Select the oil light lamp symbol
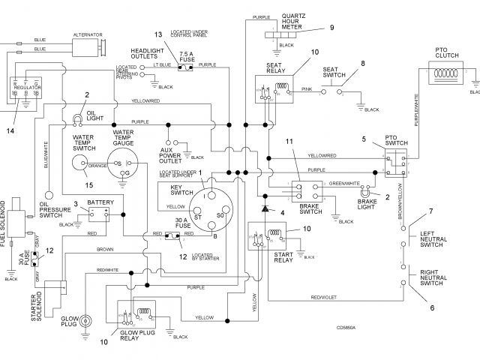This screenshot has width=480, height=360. (78, 118)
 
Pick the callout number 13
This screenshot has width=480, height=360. (157, 35)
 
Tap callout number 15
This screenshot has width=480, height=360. (88, 184)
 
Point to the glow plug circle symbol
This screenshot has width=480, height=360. (87, 319)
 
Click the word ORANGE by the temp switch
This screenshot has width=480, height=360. (98, 166)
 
